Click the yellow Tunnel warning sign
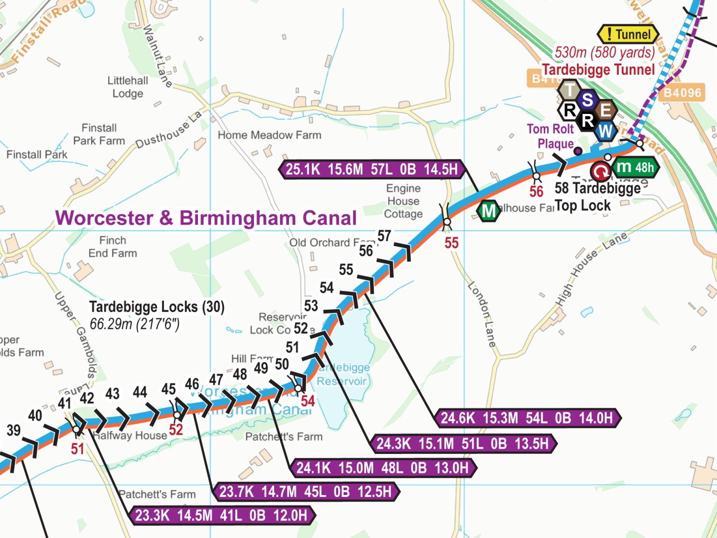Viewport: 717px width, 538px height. pyautogui.click(x=628, y=34)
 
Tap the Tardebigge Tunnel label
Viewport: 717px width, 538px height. pyautogui.click(x=598, y=70)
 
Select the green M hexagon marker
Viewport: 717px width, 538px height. pyautogui.click(x=488, y=211)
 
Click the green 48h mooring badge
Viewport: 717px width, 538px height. pyautogui.click(x=636, y=167)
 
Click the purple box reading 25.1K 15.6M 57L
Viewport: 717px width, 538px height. pyautogui.click(x=372, y=169)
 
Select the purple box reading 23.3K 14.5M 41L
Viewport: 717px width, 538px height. pyautogui.click(x=222, y=516)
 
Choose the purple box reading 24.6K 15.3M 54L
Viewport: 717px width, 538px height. pyautogui.click(x=527, y=418)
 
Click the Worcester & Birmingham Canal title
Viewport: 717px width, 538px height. pyautogui.click(x=206, y=218)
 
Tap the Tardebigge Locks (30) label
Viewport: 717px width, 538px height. pyautogui.click(x=157, y=307)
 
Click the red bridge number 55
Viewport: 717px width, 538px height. pyautogui.click(x=451, y=243)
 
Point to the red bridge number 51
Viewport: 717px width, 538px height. pyautogui.click(x=77, y=449)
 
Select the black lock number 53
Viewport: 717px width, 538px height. pyautogui.click(x=311, y=306)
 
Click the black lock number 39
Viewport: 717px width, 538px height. pyautogui.click(x=14, y=430)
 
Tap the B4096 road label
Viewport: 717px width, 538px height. pyautogui.click(x=682, y=93)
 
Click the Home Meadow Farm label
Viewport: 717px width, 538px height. pyautogui.click(x=269, y=135)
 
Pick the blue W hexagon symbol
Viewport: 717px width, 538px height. pyautogui.click(x=605, y=131)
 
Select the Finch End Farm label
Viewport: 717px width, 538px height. pyautogui.click(x=112, y=247)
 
